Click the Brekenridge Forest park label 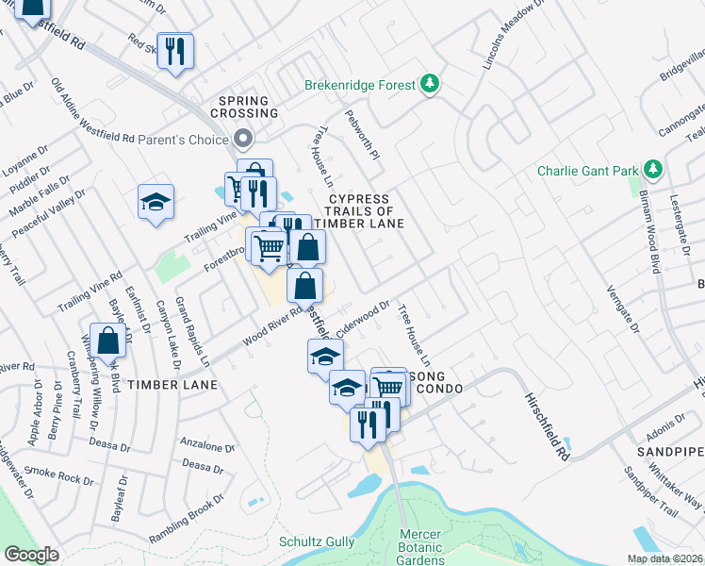359,86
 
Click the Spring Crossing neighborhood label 249,107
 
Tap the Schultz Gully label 316,541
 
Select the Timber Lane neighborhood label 172,385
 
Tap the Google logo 31,555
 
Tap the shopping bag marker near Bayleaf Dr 109,340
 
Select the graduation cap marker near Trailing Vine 156,201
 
